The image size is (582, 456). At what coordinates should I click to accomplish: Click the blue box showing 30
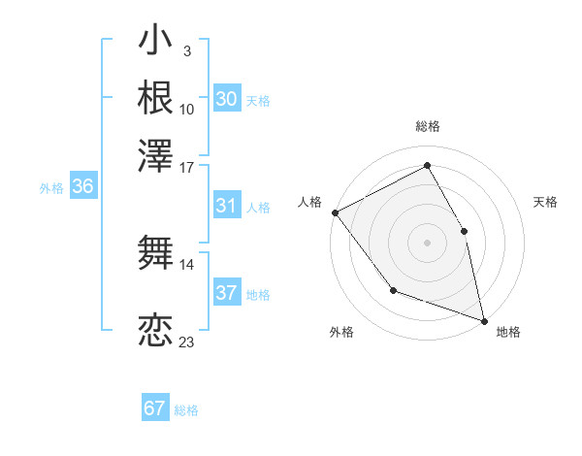pos(226,99)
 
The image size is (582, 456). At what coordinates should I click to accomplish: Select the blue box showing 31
pos(226,206)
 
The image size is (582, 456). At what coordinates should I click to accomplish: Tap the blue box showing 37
pos(226,293)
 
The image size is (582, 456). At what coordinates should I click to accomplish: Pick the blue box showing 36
pos(82,187)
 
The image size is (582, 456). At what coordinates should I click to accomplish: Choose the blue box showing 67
pos(155,408)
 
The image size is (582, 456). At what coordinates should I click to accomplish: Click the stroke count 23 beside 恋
pos(186,342)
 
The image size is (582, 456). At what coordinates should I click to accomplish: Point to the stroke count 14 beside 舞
pos(186,263)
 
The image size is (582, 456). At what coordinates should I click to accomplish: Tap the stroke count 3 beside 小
pos(186,51)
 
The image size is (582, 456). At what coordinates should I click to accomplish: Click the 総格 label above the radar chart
pos(428,127)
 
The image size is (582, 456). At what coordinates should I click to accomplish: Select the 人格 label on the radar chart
pos(310,202)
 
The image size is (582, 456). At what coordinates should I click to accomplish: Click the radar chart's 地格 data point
pos(483,319)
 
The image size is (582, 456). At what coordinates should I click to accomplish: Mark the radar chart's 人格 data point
pos(335,212)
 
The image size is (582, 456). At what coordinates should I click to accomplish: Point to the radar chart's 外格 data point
pos(393,290)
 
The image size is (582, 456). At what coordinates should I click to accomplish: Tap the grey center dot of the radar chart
pos(428,242)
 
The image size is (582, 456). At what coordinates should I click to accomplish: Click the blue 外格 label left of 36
pos(51,188)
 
